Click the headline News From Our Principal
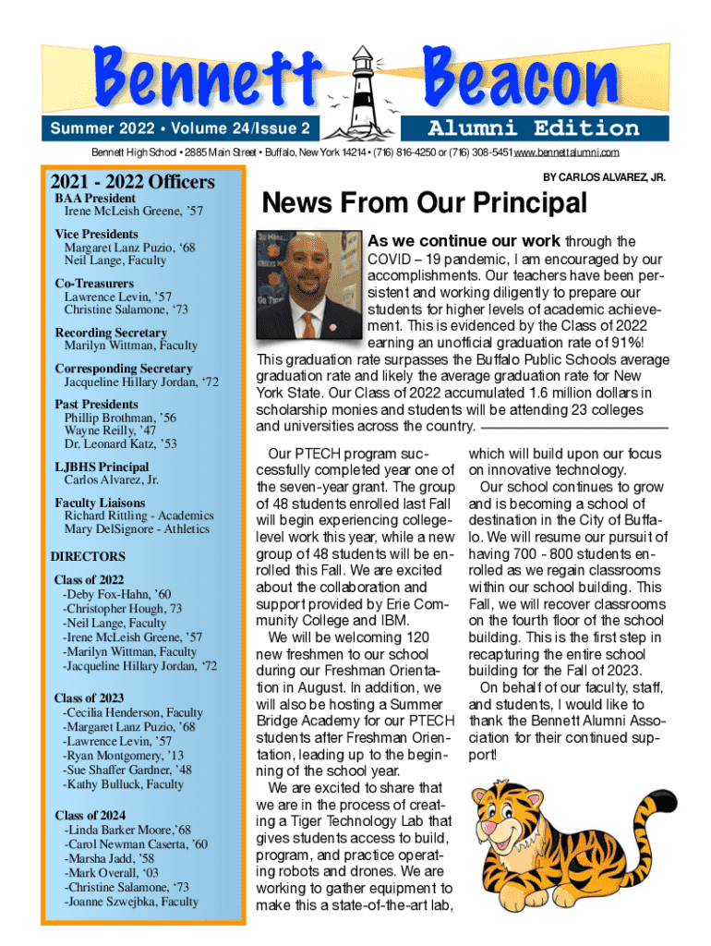pos(425,202)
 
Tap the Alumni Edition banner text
pos(534,127)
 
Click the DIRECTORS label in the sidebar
pos(88,557)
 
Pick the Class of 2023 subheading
pos(90,698)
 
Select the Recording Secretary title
pos(111,333)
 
